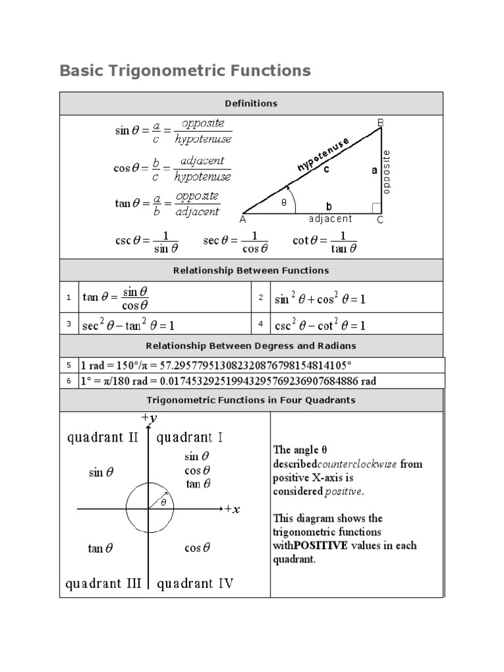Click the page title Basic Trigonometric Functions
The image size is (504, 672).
point(185,70)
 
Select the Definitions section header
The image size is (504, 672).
point(251,104)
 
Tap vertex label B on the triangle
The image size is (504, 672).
point(380,122)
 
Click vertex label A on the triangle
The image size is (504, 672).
point(243,220)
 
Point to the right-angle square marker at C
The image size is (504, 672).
point(377,208)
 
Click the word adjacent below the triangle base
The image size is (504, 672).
point(330,219)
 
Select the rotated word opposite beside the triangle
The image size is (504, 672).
point(386,172)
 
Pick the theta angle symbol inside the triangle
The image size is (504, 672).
point(284,203)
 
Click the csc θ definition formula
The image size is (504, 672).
point(148,241)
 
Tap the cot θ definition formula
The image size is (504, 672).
point(324,241)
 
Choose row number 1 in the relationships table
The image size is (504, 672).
point(68,298)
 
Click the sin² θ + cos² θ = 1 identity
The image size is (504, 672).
point(320,299)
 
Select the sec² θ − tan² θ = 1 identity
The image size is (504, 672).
point(129,325)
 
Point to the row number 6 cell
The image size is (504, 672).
point(68,381)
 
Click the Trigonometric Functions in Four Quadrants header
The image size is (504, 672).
point(251,400)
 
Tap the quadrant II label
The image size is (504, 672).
point(103,438)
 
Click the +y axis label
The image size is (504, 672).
point(149,417)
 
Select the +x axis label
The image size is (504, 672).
point(232,509)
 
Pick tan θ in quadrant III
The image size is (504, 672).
point(100,549)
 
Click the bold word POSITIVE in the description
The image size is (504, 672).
point(320,545)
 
